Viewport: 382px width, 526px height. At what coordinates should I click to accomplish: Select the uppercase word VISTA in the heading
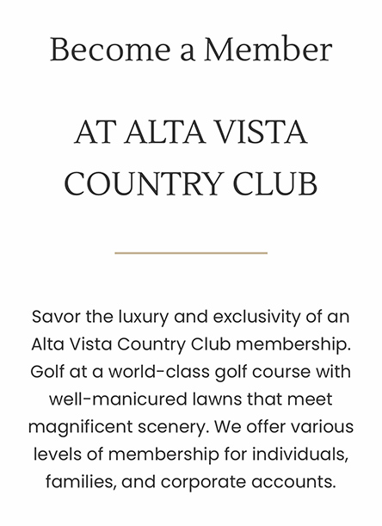(262, 133)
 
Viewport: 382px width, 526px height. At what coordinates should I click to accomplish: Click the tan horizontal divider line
(191, 253)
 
